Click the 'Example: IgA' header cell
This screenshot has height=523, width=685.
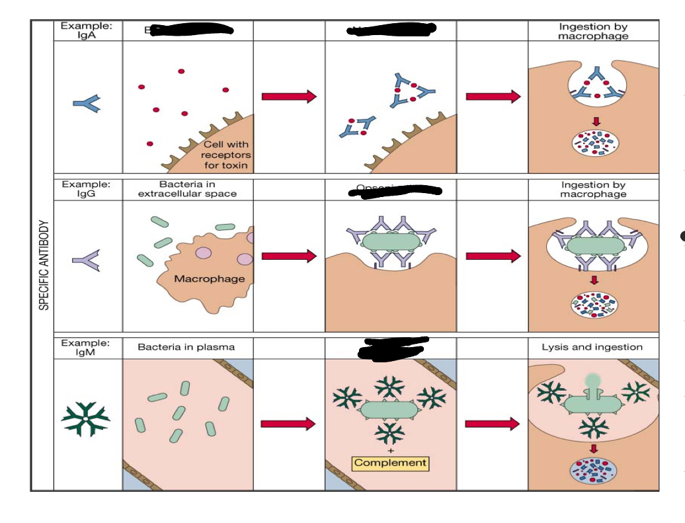click(87, 30)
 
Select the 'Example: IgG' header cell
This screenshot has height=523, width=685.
click(87, 188)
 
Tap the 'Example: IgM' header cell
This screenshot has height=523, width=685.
click(87, 347)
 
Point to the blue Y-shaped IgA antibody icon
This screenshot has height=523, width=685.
click(87, 102)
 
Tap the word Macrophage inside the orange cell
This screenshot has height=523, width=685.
click(209, 278)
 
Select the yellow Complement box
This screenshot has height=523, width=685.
click(390, 463)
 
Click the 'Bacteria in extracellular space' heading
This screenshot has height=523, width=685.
click(187, 188)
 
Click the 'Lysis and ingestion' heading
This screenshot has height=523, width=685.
click(592, 346)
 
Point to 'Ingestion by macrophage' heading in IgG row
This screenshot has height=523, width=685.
click(593, 189)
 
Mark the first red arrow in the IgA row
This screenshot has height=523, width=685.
click(289, 97)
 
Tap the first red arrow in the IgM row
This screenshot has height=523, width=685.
click(288, 424)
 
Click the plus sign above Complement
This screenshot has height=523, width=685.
click(389, 450)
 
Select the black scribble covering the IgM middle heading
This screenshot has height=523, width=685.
click(393, 347)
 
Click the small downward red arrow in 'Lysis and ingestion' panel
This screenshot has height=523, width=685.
click(593, 448)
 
